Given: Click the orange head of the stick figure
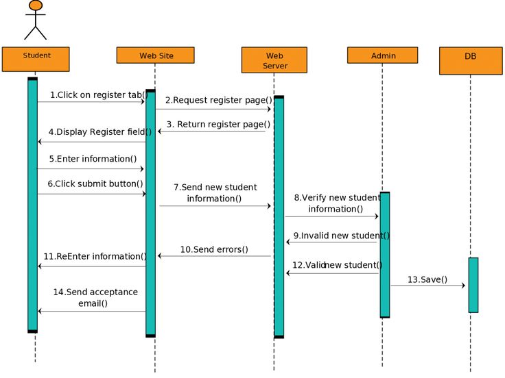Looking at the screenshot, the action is [36, 5].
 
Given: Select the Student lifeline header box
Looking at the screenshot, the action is [36, 59].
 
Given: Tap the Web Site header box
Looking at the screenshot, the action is [155, 55].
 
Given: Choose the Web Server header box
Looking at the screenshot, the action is [274, 60].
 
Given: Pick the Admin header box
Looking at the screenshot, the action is [383, 55].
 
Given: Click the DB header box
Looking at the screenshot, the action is [471, 61].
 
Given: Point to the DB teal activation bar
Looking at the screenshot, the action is [473, 285].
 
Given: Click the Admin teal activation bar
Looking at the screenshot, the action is [385, 255].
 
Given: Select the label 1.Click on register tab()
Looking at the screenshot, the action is [99, 94].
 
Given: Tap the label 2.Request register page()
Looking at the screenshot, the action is [219, 100].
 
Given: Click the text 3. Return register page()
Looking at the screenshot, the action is [218, 125].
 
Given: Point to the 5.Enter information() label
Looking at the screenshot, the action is [93, 159].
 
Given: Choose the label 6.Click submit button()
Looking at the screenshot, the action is [95, 184].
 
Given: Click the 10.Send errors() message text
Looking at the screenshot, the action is [214, 249].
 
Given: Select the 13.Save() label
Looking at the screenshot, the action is [427, 279].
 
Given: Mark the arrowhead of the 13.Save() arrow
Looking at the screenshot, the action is [463, 285].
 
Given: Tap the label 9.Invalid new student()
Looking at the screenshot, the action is [342, 236].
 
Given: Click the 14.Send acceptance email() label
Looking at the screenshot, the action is [95, 298].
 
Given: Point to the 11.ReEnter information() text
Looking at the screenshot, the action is [95, 256].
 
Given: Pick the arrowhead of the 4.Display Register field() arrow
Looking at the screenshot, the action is [40, 142].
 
